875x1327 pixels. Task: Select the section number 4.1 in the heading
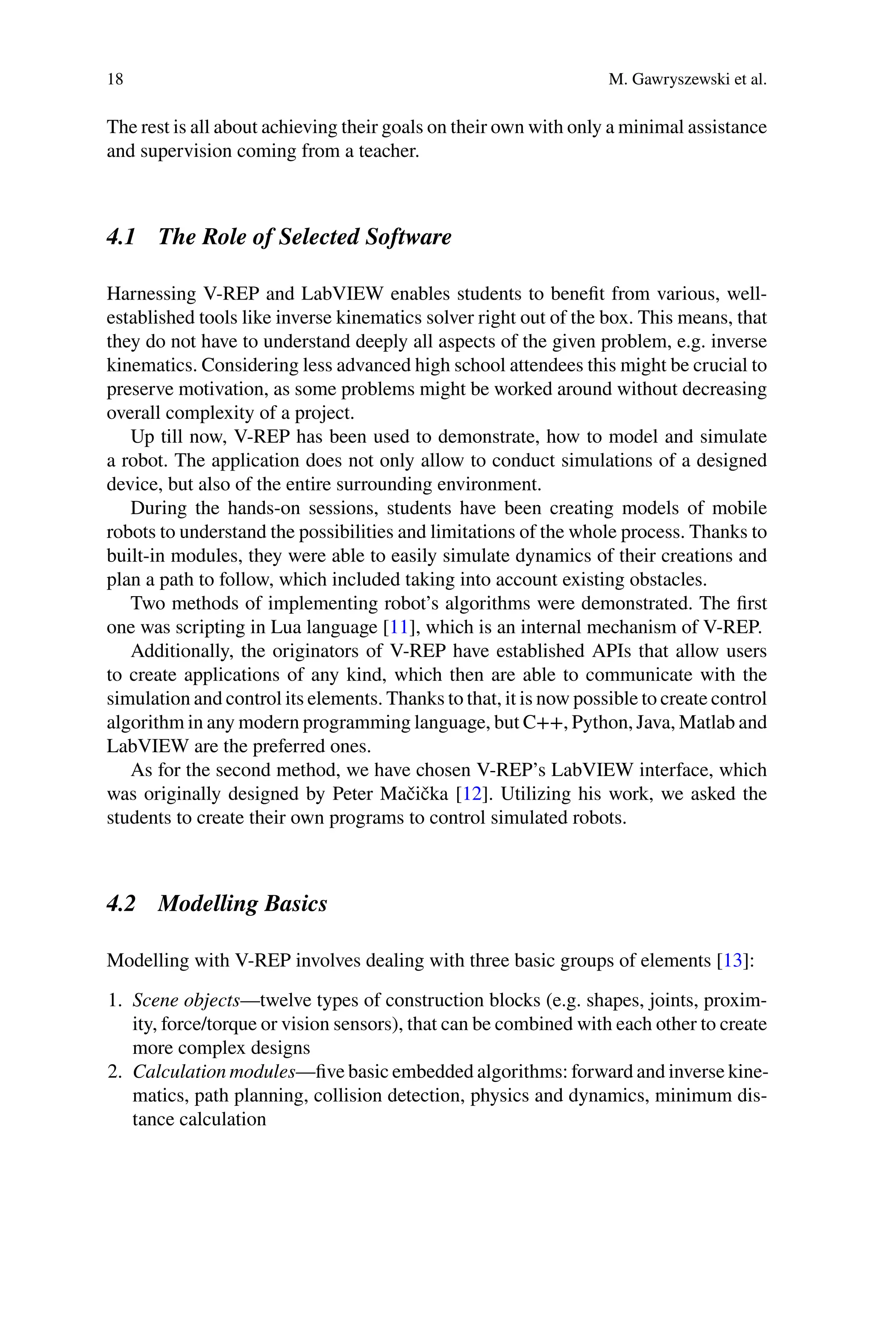121,237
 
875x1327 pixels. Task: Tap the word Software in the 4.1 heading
408,237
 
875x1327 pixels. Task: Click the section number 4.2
121,903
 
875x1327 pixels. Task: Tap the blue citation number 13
733,961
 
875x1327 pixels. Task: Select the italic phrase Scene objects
186,1000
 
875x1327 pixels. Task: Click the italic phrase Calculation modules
214,1072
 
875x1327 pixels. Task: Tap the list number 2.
115,1072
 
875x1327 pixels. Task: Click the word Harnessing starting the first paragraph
150,294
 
